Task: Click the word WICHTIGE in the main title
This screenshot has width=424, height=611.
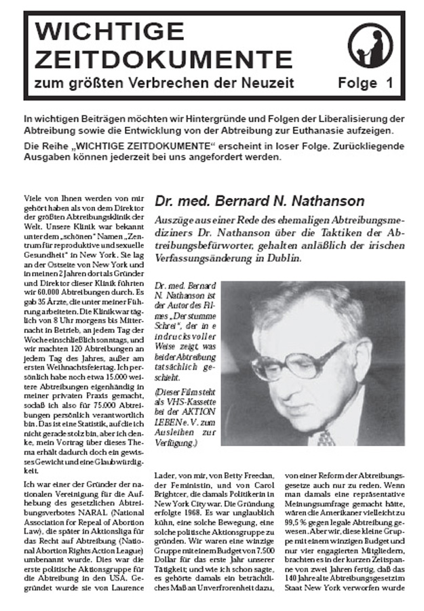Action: [x=100, y=31]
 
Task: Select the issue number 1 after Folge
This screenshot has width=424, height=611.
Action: [x=389, y=85]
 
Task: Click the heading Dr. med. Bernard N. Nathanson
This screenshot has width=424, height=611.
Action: [x=260, y=201]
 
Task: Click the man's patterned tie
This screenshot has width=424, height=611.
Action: [x=325, y=437]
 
